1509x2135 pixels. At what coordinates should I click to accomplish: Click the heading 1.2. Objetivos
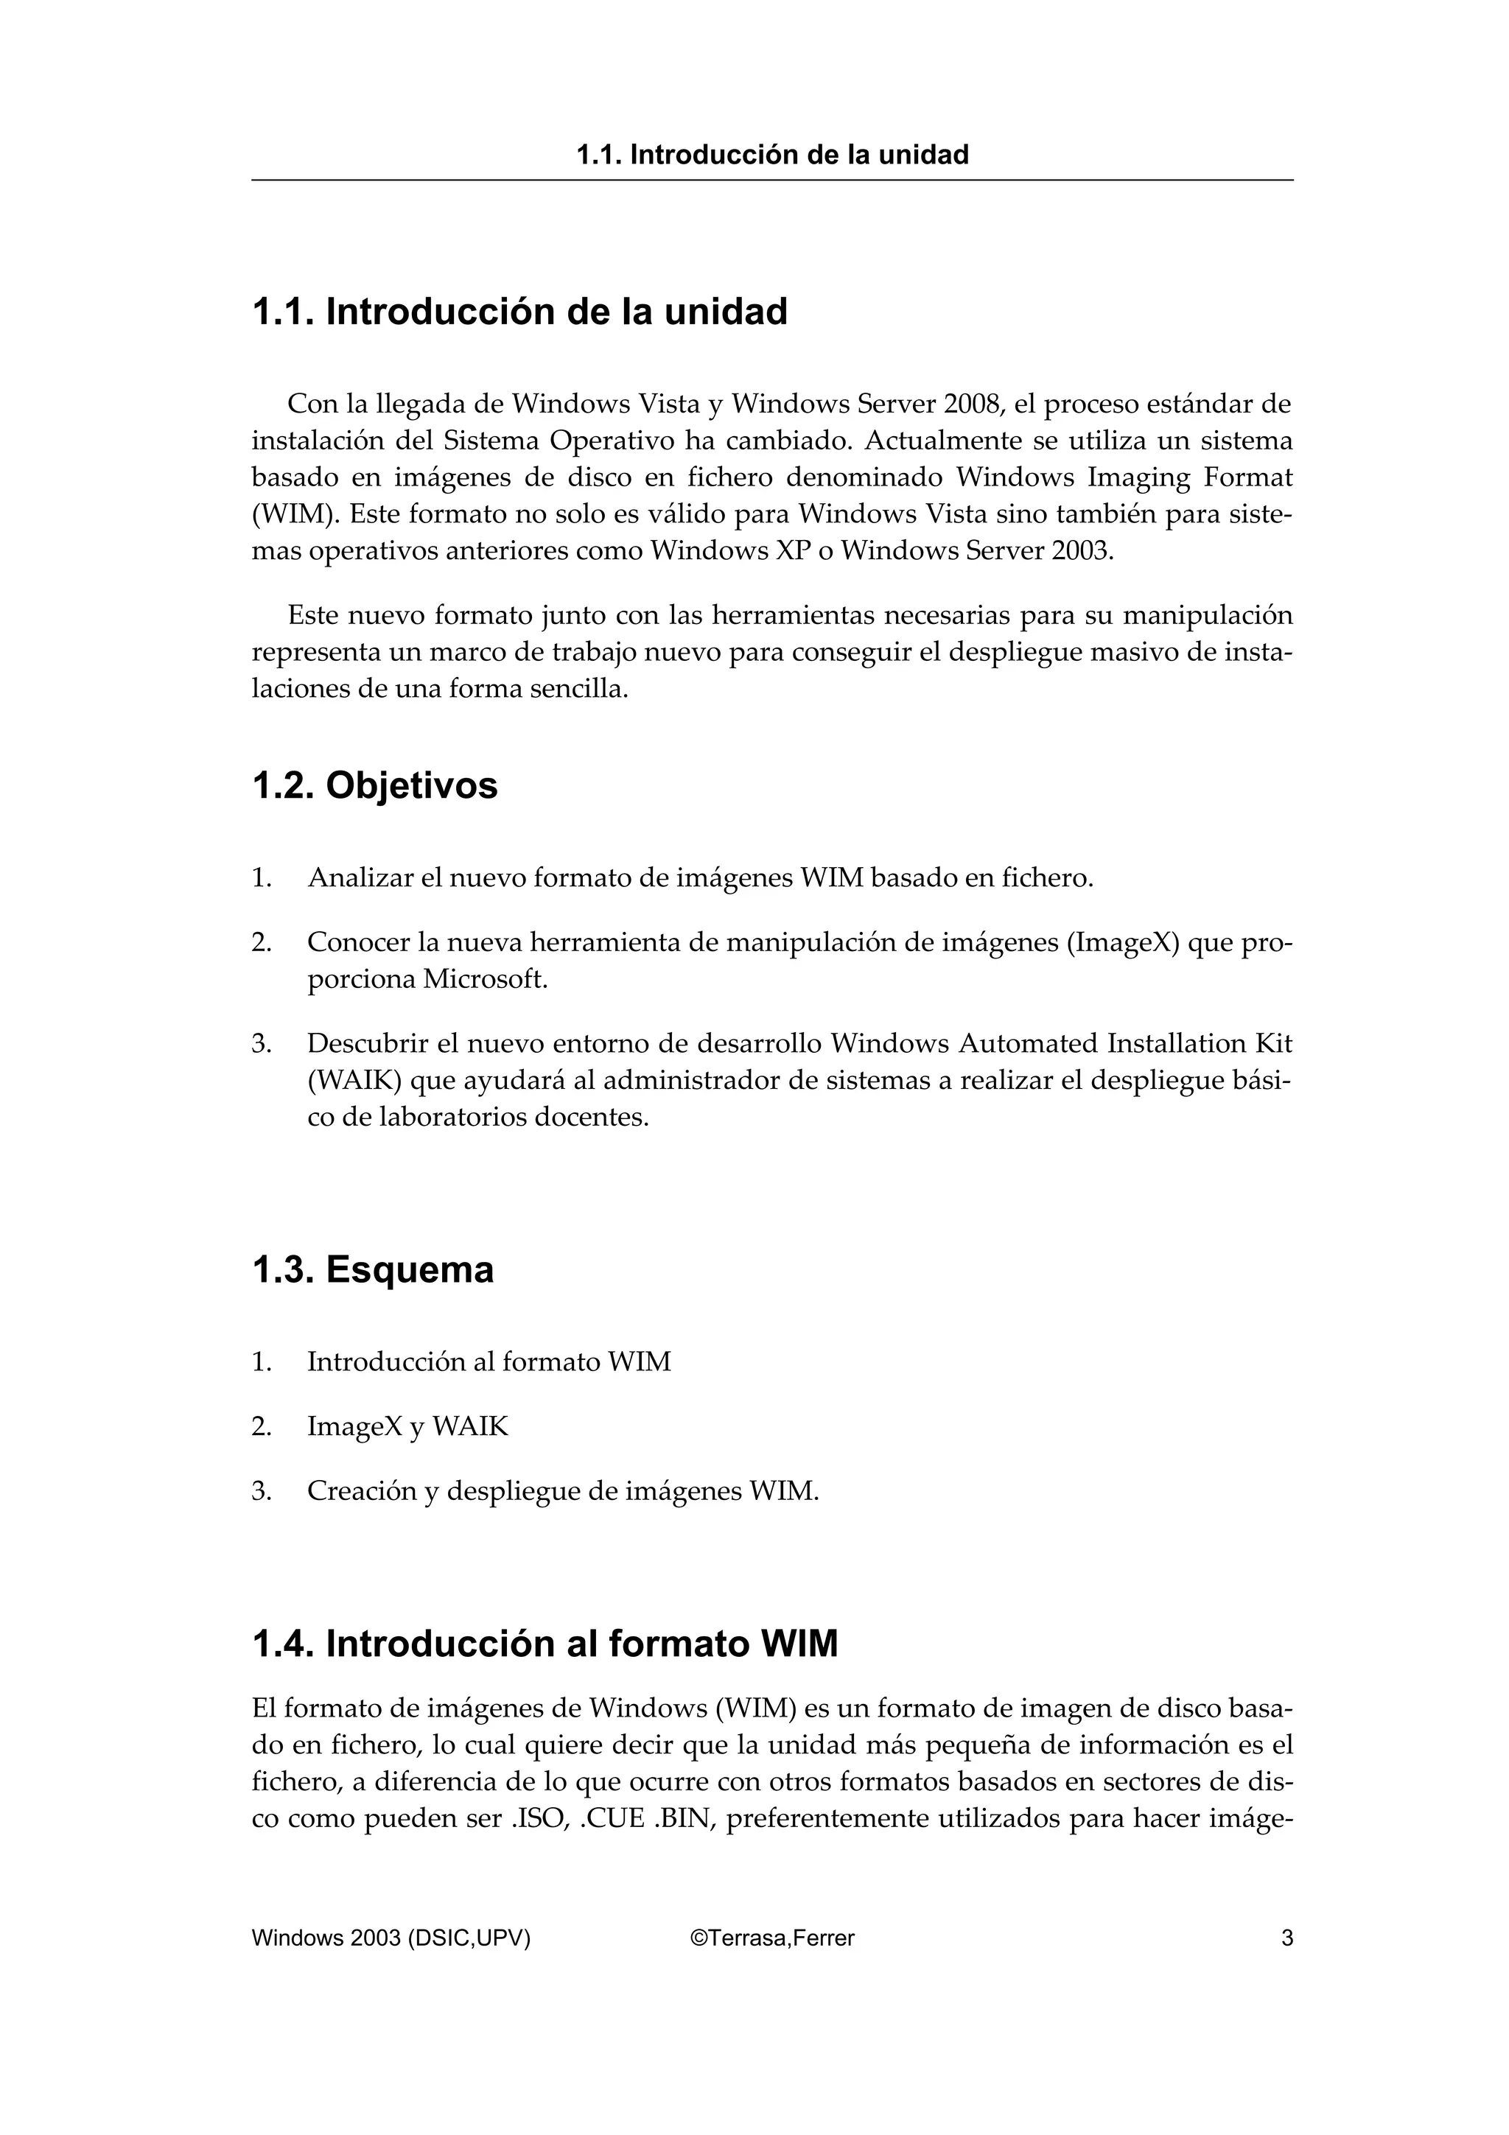[375, 786]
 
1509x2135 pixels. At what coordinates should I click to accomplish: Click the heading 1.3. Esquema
[372, 1269]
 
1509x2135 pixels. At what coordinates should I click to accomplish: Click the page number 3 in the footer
[1286, 1938]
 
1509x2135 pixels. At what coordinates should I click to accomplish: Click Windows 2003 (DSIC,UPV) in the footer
[391, 1938]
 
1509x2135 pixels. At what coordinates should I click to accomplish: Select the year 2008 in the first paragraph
[973, 404]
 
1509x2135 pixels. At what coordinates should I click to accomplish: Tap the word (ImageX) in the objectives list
[1124, 943]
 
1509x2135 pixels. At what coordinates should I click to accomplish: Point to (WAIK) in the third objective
[354, 1081]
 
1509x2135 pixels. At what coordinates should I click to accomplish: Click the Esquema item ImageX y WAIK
[407, 1426]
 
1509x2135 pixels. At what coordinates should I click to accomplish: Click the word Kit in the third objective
[1274, 1044]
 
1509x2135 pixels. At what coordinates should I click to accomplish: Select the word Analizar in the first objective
[360, 878]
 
